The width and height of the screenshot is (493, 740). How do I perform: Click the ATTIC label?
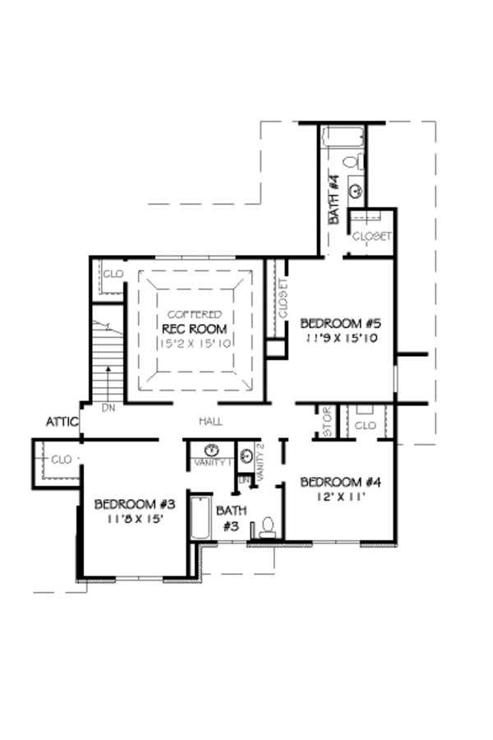(x=62, y=422)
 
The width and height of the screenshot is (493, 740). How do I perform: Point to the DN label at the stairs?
(x=108, y=407)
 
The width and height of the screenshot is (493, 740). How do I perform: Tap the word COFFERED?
(x=194, y=314)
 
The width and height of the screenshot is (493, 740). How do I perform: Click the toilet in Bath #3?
(x=267, y=526)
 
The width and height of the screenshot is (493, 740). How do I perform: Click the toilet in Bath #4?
(x=351, y=160)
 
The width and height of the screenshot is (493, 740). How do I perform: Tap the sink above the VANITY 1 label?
(x=212, y=450)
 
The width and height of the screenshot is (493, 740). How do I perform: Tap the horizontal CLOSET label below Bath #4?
(x=371, y=236)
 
